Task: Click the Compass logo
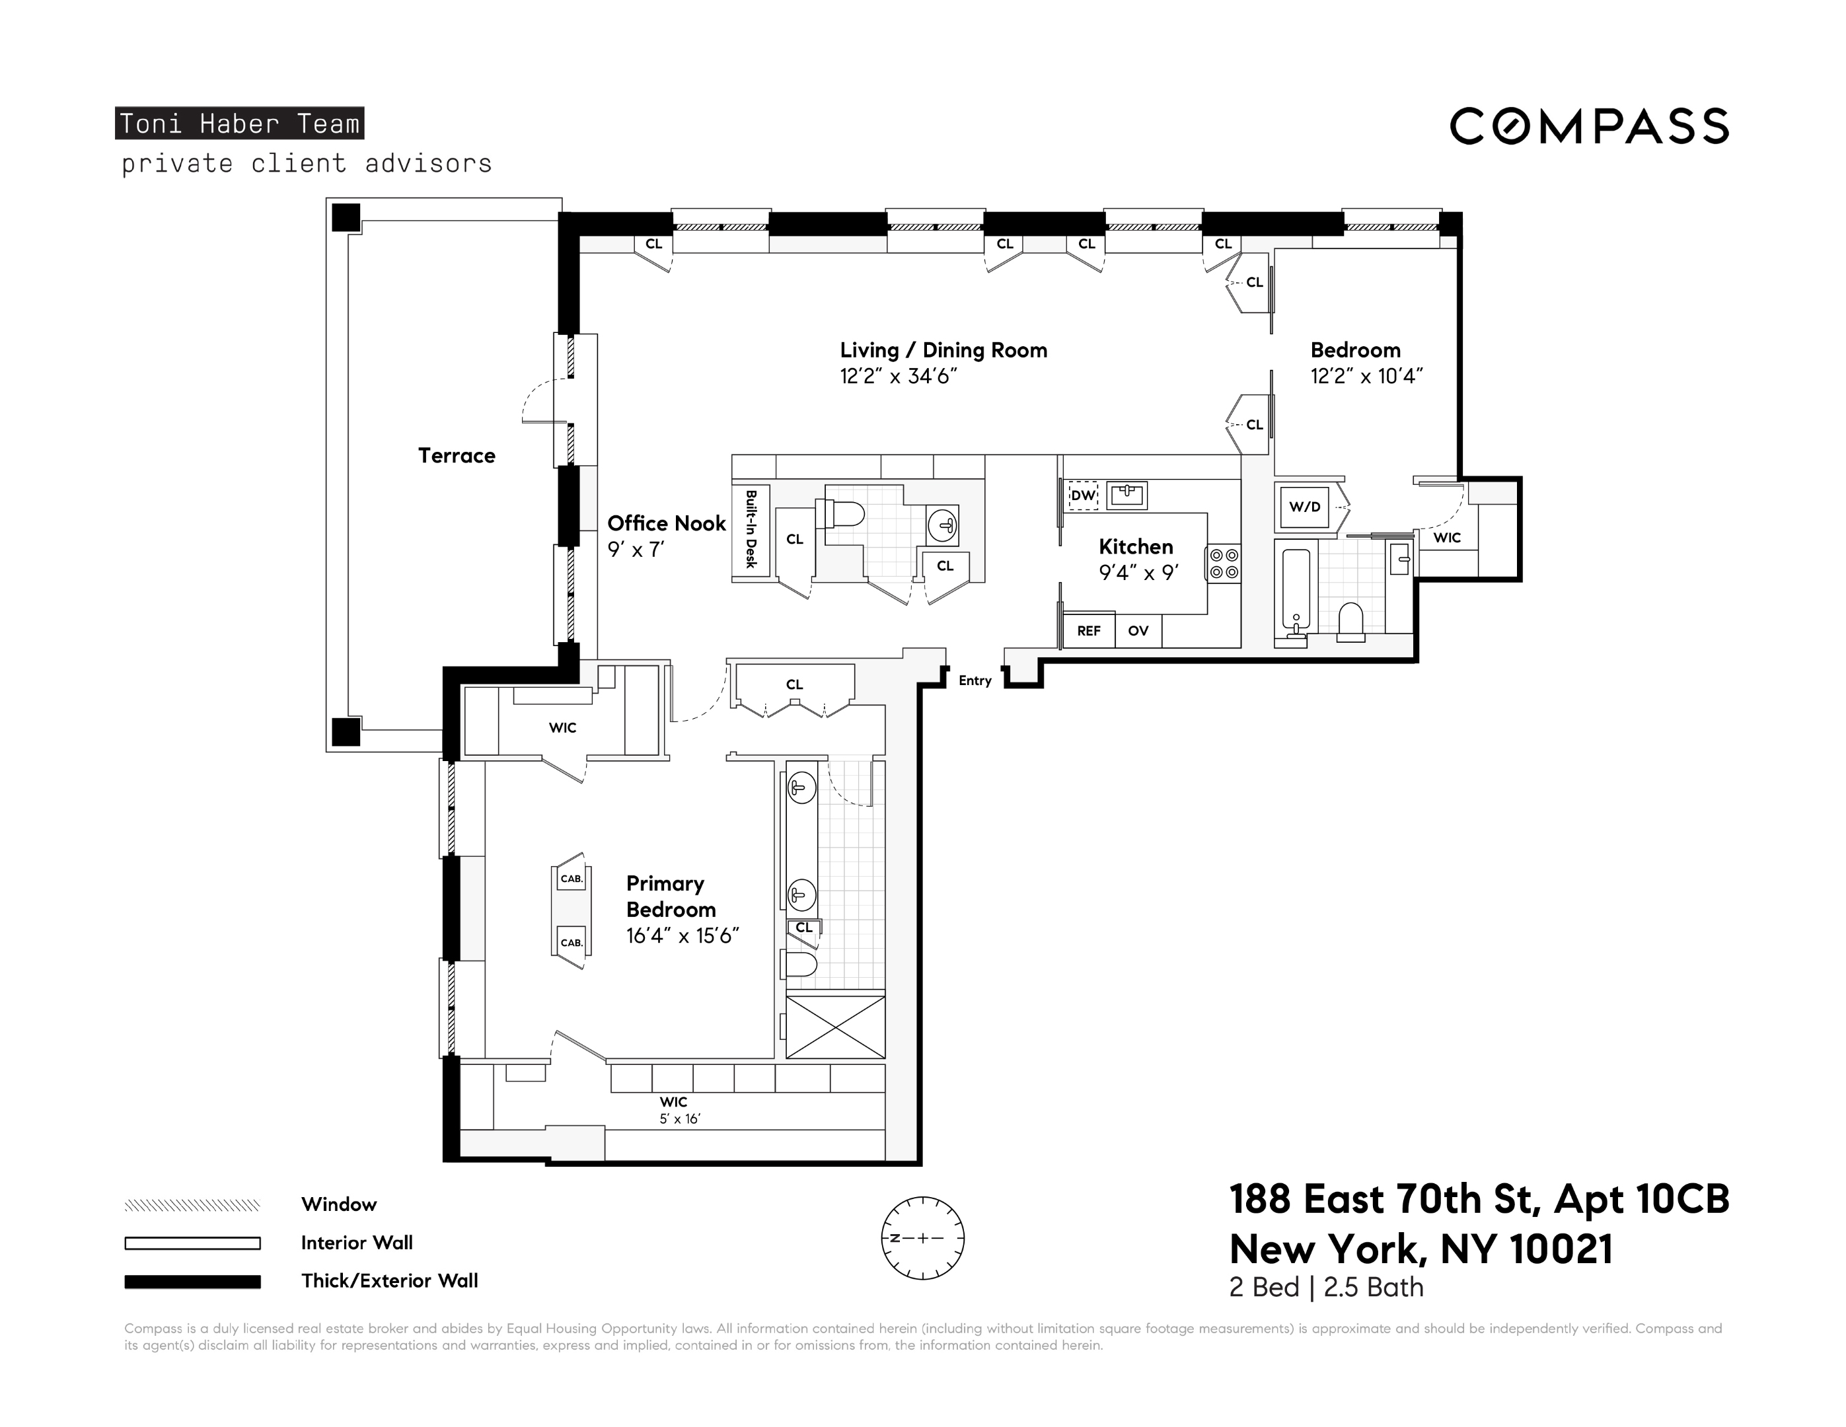point(1589,126)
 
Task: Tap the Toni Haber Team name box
point(239,124)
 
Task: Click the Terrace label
point(457,456)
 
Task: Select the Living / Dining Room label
point(943,350)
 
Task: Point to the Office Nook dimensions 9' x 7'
point(636,550)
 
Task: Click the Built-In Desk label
point(751,529)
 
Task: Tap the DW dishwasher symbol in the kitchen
point(1083,496)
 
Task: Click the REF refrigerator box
point(1089,631)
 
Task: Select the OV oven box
point(1138,631)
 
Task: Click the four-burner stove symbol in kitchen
point(1224,564)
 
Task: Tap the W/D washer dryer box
point(1304,506)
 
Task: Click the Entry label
point(975,680)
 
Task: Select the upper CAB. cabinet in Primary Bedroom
point(572,879)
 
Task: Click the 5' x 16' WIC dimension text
point(680,1119)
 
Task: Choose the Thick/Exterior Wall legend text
point(390,1281)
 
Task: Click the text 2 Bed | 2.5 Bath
point(1326,1288)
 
